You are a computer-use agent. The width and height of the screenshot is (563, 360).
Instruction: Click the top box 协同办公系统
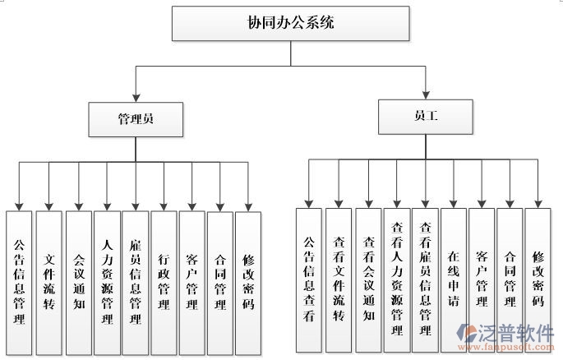[x=291, y=24]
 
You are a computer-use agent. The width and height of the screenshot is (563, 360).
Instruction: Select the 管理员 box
[x=136, y=118]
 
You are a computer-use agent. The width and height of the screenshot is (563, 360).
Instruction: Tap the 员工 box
[x=426, y=116]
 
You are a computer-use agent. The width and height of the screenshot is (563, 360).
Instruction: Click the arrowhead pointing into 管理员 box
[x=136, y=97]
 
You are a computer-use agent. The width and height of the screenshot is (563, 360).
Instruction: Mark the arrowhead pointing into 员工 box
[x=426, y=94]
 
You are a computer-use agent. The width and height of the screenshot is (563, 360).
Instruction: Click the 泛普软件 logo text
[x=516, y=334]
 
